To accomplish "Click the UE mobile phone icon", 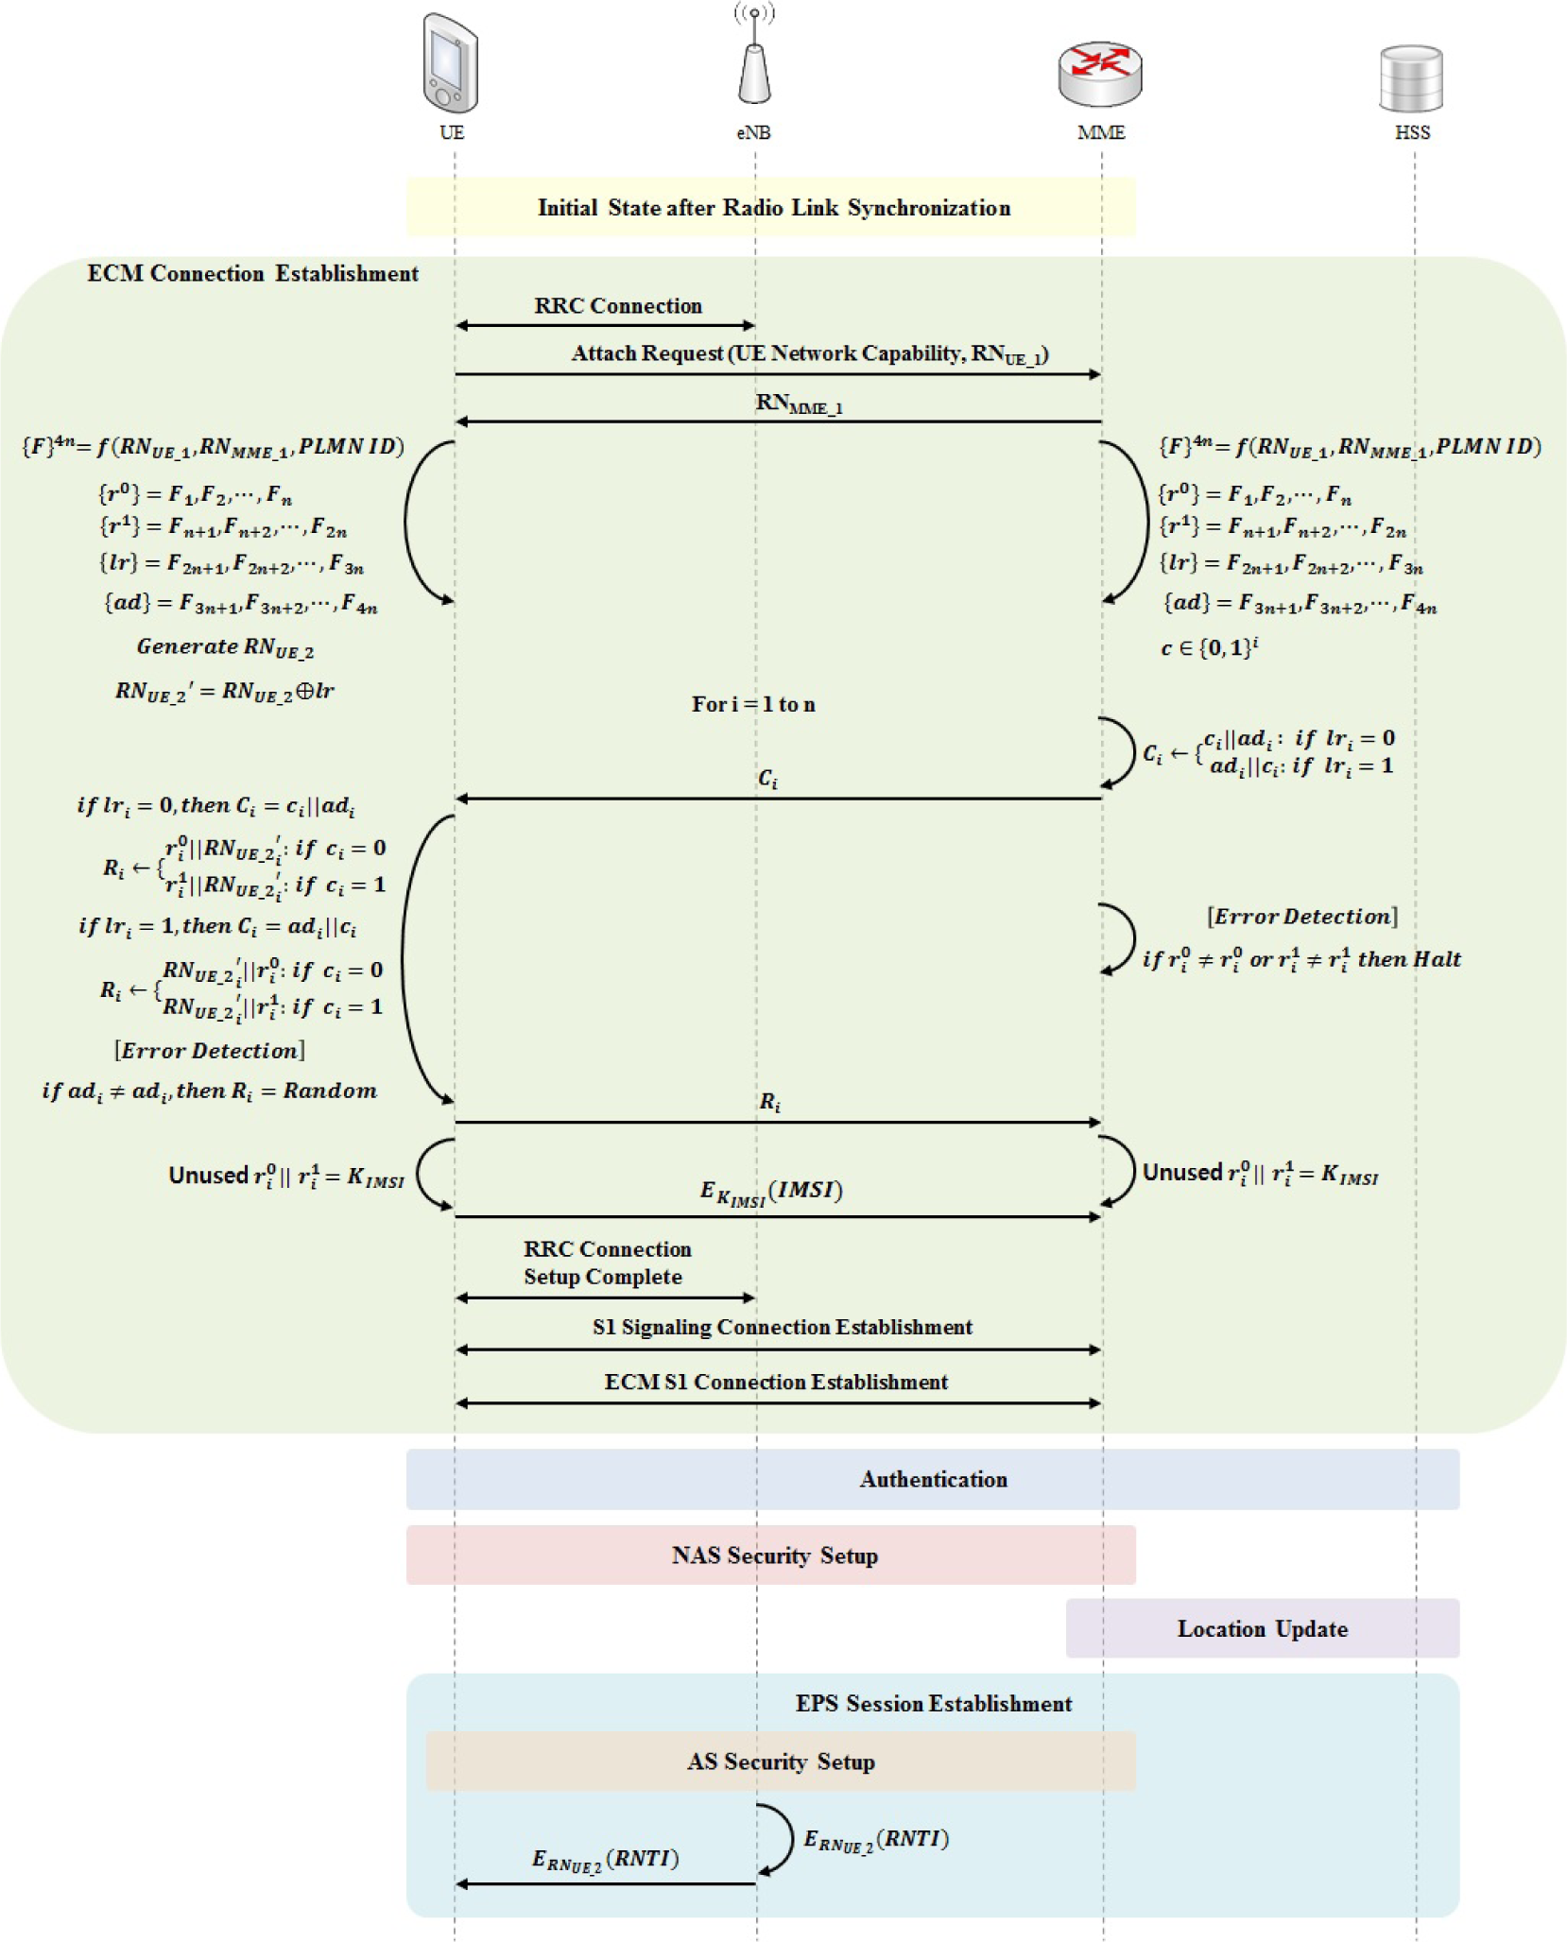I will point(451,63).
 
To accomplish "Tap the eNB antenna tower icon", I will point(754,62).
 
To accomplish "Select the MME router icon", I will point(1100,74).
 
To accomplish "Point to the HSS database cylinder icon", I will point(1411,78).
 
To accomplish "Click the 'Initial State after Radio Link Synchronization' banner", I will point(772,208).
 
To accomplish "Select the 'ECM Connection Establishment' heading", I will point(252,274).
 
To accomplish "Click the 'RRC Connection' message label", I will point(618,306).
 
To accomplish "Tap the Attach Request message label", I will point(810,354).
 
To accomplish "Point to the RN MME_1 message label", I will point(799,404).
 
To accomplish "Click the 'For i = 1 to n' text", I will point(753,704).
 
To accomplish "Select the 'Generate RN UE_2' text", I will point(225,647).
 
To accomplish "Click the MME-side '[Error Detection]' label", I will point(1301,917).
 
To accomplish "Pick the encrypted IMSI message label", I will point(771,1193).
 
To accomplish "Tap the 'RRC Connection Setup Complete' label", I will point(607,1263).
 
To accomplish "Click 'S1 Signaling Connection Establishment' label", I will point(782,1327).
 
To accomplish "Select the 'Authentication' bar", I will point(933,1479).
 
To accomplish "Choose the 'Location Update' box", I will point(1262,1628).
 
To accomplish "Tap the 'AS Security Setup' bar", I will point(781,1762).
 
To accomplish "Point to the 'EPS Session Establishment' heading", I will point(933,1703).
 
